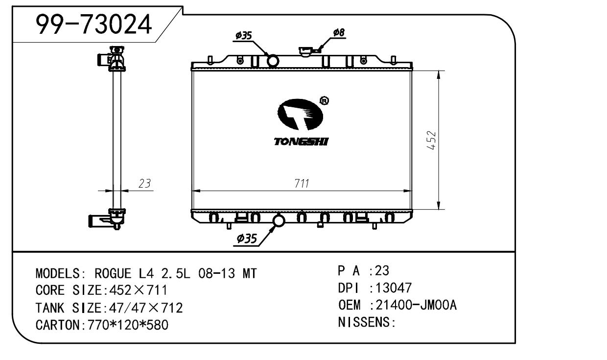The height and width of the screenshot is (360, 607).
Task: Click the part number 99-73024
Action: click(94, 24)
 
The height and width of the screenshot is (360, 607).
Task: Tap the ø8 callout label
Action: click(339, 32)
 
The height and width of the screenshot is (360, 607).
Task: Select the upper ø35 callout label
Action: click(243, 36)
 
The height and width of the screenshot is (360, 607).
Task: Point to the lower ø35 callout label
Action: click(247, 239)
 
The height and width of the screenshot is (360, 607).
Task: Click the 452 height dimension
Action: click(431, 140)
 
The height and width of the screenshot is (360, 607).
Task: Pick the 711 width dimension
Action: click(302, 184)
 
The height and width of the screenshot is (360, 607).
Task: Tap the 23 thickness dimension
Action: click(144, 184)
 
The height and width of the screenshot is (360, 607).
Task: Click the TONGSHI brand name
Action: click(301, 142)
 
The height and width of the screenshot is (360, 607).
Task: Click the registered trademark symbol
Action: click(324, 101)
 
